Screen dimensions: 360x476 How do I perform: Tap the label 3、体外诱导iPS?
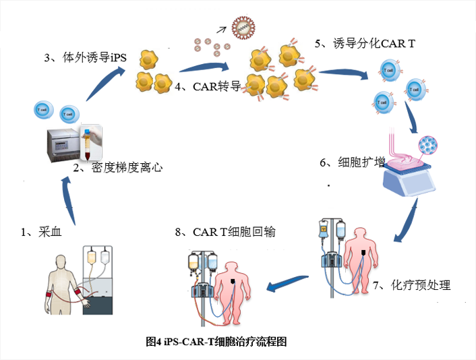(86, 58)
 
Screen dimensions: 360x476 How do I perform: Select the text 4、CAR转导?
(207, 86)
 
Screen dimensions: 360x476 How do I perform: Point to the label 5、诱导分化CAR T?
(365, 44)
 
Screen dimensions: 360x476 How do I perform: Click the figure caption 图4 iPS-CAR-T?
(216, 341)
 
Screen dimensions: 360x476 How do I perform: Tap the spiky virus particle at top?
(243, 28)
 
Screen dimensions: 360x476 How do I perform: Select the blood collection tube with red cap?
(88, 141)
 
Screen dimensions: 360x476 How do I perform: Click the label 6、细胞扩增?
(351, 162)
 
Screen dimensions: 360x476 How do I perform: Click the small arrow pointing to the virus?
(220, 29)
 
